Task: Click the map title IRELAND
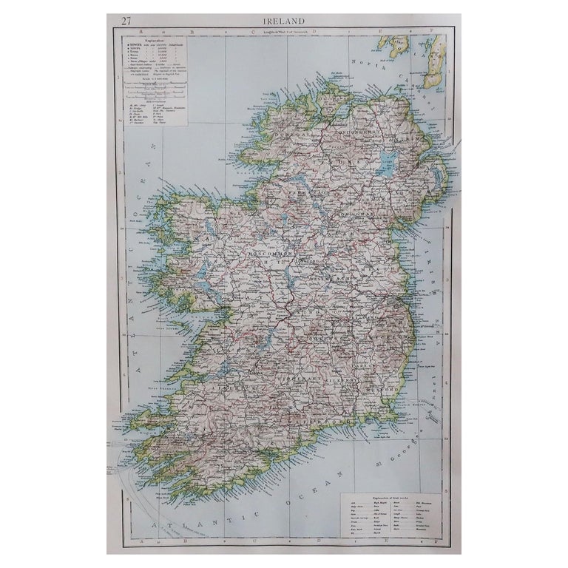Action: (284, 20)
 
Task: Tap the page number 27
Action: (119, 20)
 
